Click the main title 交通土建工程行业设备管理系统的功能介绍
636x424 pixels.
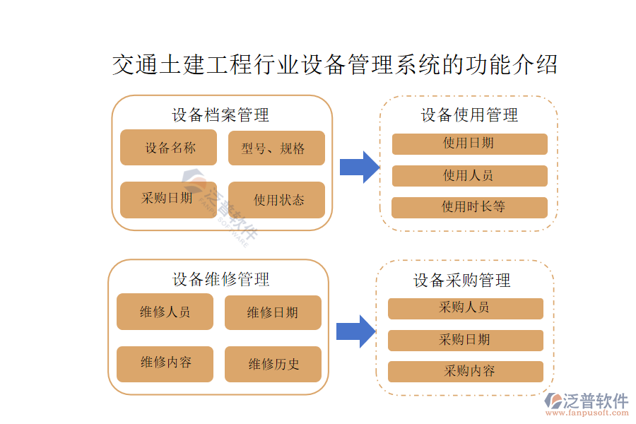(335, 65)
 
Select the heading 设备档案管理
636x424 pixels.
(220, 114)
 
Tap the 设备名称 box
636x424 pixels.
(170, 148)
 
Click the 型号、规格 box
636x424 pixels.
(276, 148)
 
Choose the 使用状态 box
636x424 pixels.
(276, 200)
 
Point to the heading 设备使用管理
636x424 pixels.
(469, 115)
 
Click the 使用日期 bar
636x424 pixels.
(469, 143)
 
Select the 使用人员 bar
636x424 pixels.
(469, 175)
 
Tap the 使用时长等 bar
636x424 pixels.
(469, 207)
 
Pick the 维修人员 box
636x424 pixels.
(165, 312)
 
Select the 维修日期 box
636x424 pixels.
(273, 312)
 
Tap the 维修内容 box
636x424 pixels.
(165, 363)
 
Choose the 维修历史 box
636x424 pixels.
(273, 364)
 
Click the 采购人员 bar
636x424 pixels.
(465, 308)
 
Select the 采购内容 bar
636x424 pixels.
(465, 371)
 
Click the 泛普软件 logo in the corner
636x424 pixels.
(587, 404)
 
